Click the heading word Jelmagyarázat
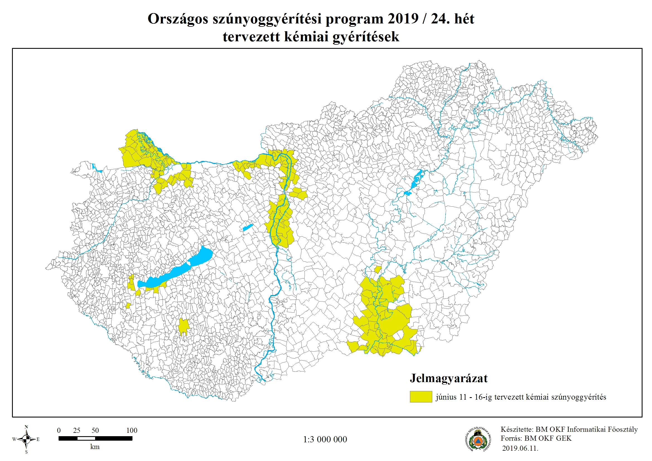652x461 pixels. click(448, 378)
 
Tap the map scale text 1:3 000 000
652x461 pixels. click(325, 440)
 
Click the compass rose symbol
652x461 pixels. click(26, 439)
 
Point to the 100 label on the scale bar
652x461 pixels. click(131, 430)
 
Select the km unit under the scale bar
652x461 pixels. click(95, 447)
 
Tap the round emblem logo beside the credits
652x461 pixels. click(478, 440)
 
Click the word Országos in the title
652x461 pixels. click(178, 19)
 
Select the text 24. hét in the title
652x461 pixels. click(452, 19)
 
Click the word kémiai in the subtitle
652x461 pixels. click(306, 37)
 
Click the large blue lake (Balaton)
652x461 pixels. click(176, 270)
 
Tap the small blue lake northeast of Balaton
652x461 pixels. click(248, 227)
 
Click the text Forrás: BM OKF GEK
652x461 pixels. click(536, 438)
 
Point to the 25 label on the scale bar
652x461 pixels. click(77, 430)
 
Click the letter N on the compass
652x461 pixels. click(26, 427)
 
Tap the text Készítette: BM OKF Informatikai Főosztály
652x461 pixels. click(569, 429)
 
